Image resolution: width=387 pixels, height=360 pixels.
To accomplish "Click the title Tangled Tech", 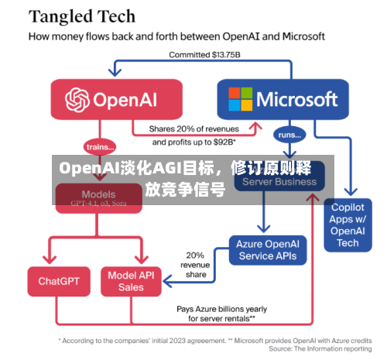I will [82, 15].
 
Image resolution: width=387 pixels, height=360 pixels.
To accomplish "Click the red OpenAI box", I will [115, 100].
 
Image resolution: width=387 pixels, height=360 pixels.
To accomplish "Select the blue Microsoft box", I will [283, 100].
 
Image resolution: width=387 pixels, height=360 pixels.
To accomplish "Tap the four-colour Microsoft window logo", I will [240, 100].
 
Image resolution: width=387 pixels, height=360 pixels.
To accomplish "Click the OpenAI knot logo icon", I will [77, 100].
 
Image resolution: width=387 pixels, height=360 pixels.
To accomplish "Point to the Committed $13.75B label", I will [203, 55].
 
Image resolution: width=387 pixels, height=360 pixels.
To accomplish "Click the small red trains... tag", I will [99, 146].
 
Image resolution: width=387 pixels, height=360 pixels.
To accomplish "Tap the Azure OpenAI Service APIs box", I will [267, 249].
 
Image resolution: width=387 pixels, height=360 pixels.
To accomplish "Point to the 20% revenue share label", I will [195, 264].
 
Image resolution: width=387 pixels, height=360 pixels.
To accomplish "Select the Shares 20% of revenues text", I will [195, 129].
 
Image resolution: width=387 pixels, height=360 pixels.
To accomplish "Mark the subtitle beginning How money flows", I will [176, 36].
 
